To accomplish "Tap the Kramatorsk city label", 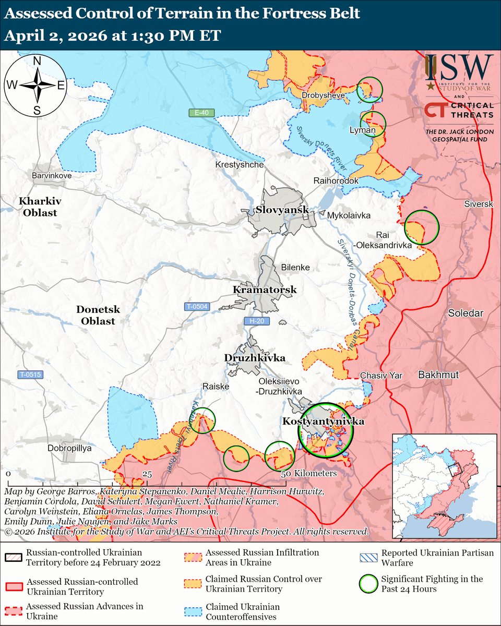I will coord(265,290).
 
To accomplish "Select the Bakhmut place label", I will coord(438,375).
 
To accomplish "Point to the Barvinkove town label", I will coord(52,176).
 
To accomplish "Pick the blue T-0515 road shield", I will coord(31,375).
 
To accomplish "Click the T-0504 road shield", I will coord(197,307).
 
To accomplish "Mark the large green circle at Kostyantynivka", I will coord(325,430).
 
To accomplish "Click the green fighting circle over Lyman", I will coord(373,124).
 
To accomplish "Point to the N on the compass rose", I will coord(37,61).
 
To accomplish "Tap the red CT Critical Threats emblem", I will coord(434,110).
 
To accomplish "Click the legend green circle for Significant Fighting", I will coord(369,583).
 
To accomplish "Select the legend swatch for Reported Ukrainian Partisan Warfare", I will coord(369,557).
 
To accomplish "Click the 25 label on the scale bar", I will coord(147,474).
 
